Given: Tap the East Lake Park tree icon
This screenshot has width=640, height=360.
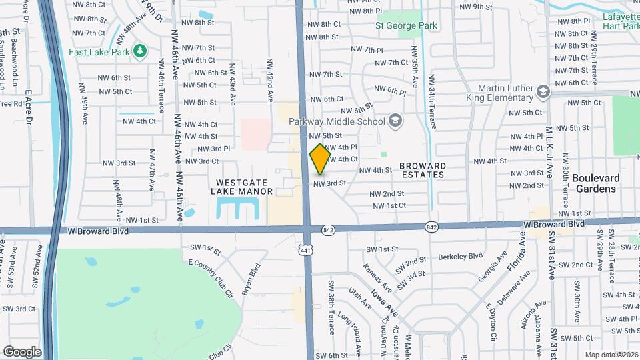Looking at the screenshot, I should pos(139,51).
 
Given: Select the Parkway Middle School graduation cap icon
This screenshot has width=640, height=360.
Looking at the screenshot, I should pos(395,121).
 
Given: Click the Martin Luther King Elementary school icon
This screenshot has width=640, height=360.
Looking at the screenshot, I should pos(543,90).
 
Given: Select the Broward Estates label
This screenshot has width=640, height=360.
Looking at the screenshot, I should pos(422,170).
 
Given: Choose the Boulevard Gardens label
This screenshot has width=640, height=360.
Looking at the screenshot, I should pos(596,183).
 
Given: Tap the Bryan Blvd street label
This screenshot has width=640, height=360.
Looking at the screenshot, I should pos(250,279).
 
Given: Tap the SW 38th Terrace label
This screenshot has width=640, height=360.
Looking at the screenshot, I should pos(331,307).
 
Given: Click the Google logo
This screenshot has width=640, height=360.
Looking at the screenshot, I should pos(22,351).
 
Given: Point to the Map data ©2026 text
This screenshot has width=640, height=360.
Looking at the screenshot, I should pos(611,355).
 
